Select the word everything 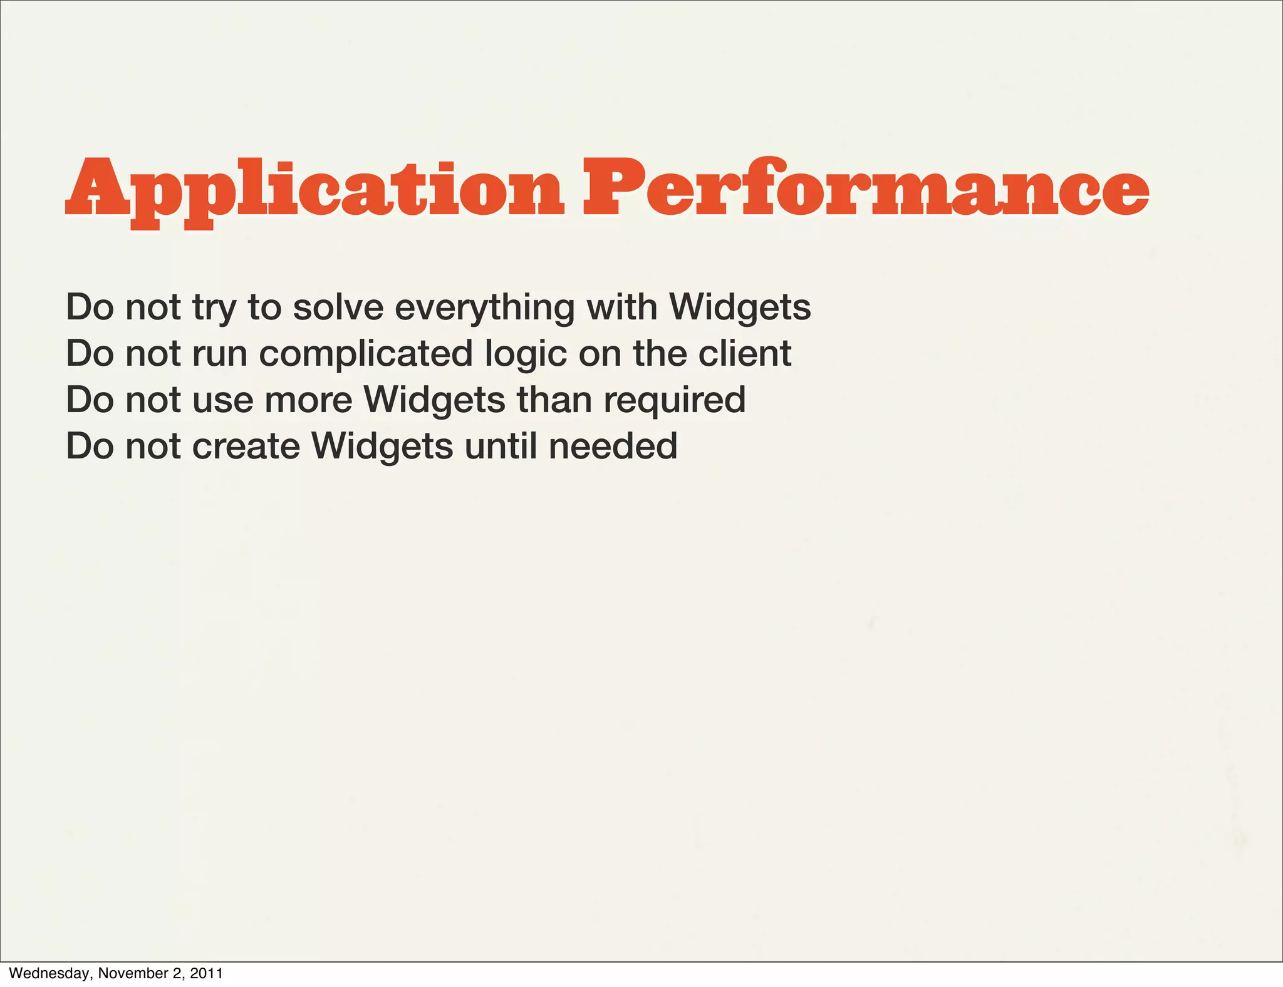[484, 308]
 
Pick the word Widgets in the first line [740, 308]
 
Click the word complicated [366, 354]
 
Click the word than [554, 400]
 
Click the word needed [613, 446]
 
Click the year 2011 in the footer [206, 973]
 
